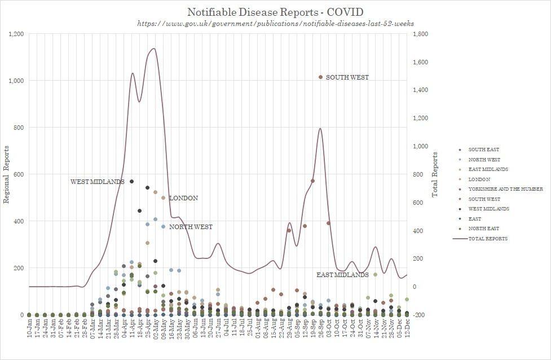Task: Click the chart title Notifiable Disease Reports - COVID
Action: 275,12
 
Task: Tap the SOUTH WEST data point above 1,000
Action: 320,77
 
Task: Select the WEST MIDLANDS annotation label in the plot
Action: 97,182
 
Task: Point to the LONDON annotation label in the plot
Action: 183,198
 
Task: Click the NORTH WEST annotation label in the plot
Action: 191,227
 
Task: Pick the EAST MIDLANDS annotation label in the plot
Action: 342,275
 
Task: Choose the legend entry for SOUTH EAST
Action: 483,150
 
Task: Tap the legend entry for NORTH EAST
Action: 483,229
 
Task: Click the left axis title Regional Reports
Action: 7,174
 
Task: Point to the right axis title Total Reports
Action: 435,174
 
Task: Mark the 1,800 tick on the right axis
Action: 420,34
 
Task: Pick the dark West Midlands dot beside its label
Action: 131,182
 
